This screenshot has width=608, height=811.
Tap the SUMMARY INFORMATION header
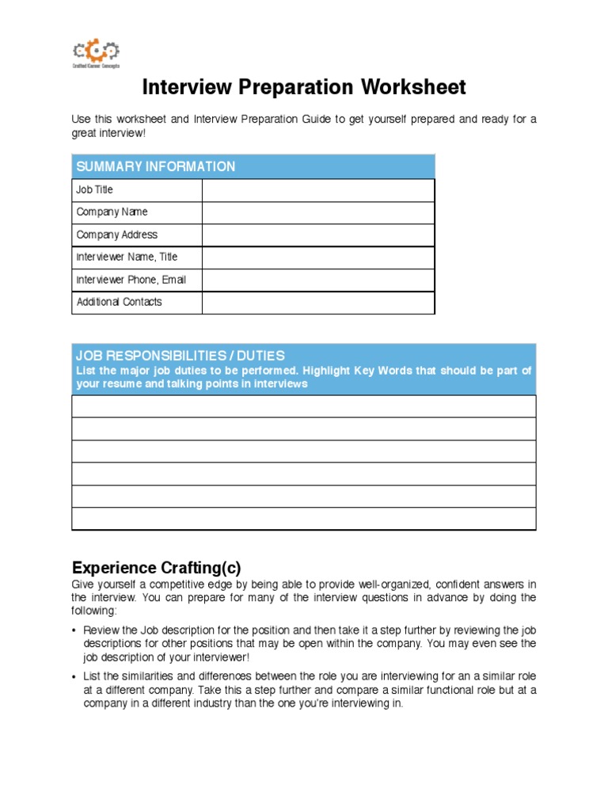tap(154, 166)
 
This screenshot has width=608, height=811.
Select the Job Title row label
tap(94, 190)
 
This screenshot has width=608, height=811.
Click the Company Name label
tap(112, 212)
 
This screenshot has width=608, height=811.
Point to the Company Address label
tap(116, 234)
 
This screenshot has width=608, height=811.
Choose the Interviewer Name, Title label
tap(127, 257)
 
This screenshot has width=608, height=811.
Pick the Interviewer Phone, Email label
tap(131, 280)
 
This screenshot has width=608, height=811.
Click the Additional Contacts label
tap(119, 302)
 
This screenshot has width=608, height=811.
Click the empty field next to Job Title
tap(317, 190)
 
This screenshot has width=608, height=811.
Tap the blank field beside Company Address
tap(317, 235)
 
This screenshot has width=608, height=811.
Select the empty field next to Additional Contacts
tap(317, 303)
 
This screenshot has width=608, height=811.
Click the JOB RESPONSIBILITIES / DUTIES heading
tap(180, 356)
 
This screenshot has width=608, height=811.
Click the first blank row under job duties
tap(303, 406)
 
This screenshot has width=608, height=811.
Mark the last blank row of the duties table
tap(303, 519)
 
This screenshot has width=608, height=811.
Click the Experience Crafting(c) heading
tap(156, 568)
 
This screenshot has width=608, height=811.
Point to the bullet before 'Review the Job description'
tap(74, 630)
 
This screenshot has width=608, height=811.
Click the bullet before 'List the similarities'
tap(74, 676)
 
